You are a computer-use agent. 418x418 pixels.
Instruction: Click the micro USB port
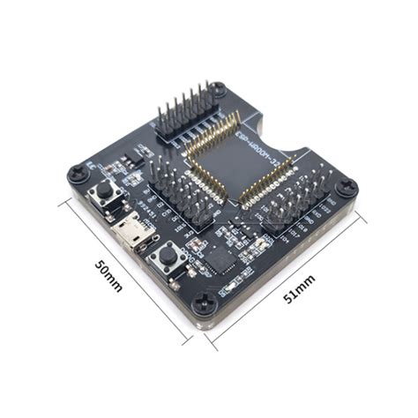click(x=134, y=236)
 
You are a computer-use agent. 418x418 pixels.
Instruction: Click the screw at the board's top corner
click(x=219, y=90)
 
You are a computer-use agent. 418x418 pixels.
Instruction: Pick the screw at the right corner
click(x=347, y=187)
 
